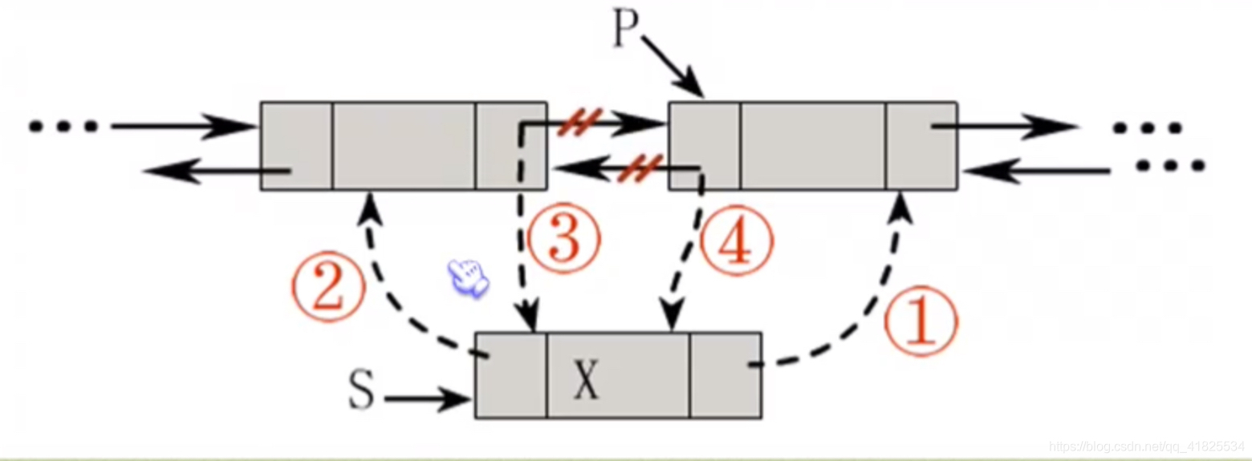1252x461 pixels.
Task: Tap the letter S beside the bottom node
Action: click(x=361, y=394)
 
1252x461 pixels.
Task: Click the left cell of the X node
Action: click(x=511, y=375)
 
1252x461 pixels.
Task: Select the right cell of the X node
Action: click(x=725, y=375)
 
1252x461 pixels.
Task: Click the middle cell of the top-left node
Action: click(x=404, y=146)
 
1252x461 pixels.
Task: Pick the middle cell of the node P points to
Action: click(x=813, y=146)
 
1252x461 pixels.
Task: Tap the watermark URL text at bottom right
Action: click(x=1148, y=445)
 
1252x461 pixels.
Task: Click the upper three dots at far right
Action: click(x=1148, y=127)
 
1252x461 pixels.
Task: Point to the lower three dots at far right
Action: click(x=1170, y=167)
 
